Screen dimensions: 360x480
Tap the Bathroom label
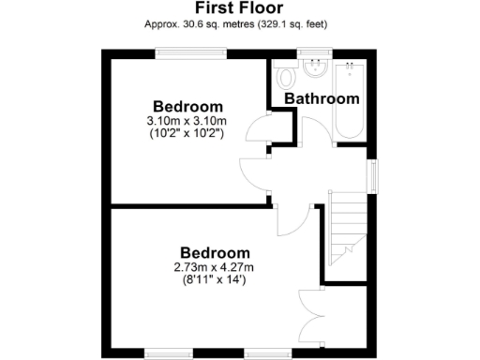point(322,98)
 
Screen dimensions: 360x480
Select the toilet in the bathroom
point(285,75)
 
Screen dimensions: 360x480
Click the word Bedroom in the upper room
point(188,106)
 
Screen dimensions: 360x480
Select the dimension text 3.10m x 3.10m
point(188,121)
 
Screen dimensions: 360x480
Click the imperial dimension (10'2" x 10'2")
point(188,134)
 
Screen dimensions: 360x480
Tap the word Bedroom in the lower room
point(215,253)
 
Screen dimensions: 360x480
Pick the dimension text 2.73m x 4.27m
point(215,267)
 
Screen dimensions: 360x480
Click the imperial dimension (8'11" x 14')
point(215,280)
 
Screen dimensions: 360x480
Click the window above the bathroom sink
point(310,53)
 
